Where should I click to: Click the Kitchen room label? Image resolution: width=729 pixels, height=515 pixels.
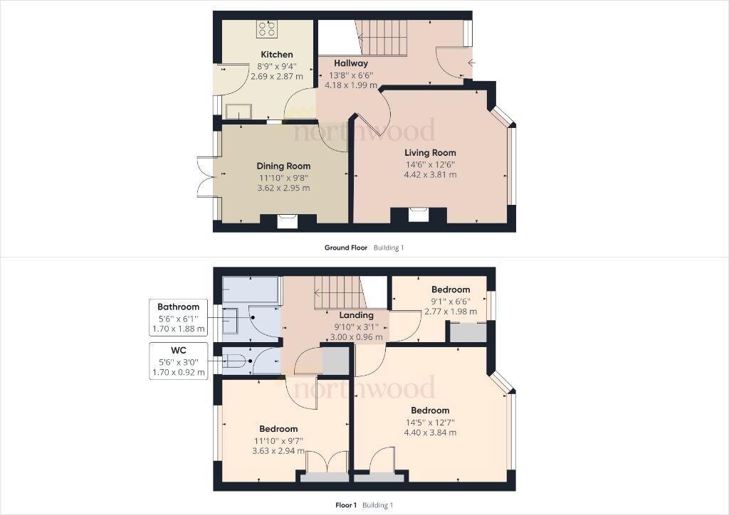276,55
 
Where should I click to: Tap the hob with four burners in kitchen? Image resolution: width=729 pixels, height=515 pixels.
267,28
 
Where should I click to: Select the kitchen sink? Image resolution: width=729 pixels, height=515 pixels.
238,111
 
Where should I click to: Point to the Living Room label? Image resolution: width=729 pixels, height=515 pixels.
430,153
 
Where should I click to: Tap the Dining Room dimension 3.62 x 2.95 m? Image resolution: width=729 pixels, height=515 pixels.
283,189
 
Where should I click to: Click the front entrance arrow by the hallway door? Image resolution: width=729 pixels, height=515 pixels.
471,63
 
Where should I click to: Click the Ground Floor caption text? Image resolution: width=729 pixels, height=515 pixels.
346,248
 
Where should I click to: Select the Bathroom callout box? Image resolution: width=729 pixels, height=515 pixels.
179,318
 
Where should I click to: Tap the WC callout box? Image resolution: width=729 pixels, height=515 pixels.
179,361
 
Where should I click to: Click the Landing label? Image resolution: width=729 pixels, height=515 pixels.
356,315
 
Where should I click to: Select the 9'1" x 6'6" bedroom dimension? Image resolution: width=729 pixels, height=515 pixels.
450,300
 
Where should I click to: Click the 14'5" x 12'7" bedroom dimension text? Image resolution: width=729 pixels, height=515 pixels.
430,422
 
